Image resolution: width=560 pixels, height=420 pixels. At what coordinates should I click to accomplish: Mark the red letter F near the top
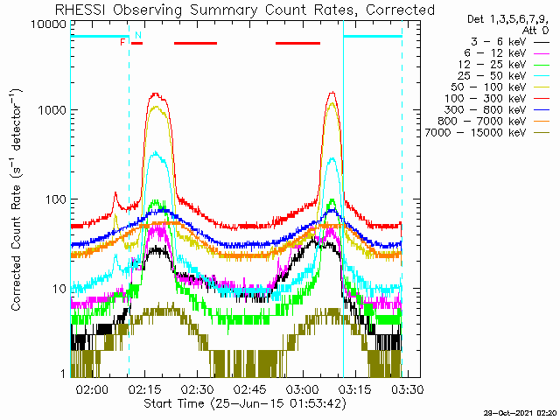pyautogui.click(x=122, y=42)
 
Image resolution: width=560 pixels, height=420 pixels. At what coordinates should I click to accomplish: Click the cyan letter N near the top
pyautogui.click(x=137, y=35)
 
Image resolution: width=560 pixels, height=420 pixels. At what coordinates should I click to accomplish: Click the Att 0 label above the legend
pyautogui.click(x=535, y=29)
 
